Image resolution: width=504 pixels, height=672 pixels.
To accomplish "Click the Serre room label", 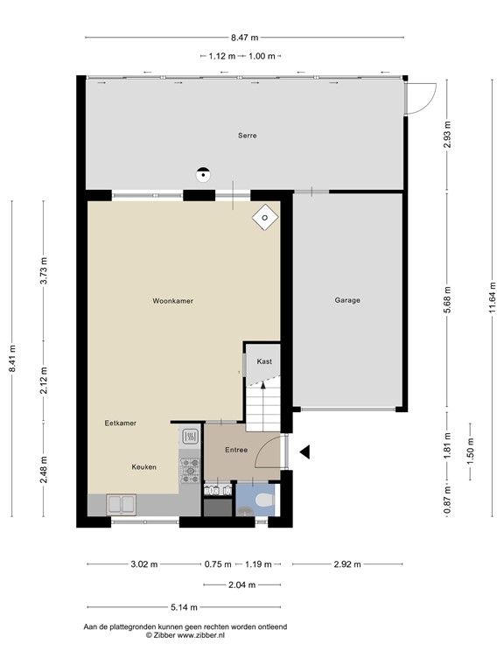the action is (x=248, y=136).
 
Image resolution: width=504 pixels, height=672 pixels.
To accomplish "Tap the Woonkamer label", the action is (x=172, y=301).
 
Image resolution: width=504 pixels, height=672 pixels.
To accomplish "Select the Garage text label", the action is (x=347, y=300).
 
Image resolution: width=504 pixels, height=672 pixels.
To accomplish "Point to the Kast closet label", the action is (x=264, y=361).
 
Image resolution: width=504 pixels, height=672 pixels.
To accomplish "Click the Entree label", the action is (x=236, y=450).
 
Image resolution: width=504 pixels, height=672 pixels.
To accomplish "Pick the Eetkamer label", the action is (x=121, y=423).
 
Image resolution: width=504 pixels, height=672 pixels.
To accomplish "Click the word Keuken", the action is (x=143, y=467).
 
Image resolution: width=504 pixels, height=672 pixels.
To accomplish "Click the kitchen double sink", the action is (x=122, y=504).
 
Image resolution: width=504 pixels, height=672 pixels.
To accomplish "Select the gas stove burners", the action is (x=190, y=471).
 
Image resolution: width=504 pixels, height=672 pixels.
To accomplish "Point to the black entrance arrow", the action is (x=304, y=452).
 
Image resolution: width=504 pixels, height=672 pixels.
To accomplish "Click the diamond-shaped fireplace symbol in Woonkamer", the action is (x=265, y=217).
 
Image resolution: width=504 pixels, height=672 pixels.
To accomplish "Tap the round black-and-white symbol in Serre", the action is (x=203, y=174).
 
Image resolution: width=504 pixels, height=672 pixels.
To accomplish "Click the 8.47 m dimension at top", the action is (x=245, y=38).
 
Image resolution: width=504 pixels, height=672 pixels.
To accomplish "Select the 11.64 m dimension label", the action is (x=493, y=297).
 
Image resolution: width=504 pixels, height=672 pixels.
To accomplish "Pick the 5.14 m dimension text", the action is (x=184, y=607).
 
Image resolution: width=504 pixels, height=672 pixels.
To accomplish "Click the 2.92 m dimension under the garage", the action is (x=347, y=564).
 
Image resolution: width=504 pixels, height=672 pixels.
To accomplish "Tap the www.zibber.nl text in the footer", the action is (x=201, y=635).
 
